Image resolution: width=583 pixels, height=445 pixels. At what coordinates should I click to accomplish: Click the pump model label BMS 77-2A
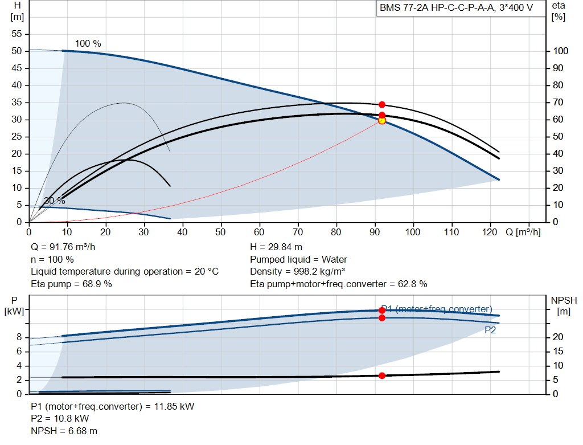click(x=404, y=8)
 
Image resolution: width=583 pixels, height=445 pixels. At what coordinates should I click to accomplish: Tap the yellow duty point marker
click(x=382, y=121)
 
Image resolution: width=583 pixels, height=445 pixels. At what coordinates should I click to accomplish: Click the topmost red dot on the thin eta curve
click(x=382, y=104)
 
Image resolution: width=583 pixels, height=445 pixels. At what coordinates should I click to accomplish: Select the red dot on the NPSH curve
click(x=382, y=376)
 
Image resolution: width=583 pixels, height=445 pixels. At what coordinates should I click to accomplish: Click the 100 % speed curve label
click(x=88, y=43)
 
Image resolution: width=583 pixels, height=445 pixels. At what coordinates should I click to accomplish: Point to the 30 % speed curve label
click(x=55, y=201)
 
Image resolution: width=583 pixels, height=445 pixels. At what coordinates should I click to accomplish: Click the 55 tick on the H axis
click(x=17, y=34)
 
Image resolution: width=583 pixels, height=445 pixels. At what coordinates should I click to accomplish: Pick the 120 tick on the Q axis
click(x=490, y=232)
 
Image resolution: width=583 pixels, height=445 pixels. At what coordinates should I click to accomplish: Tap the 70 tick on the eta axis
click(x=558, y=103)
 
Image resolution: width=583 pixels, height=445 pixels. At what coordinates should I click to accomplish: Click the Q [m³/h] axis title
click(x=523, y=232)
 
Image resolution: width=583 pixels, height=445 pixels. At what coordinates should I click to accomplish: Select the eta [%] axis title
click(x=559, y=11)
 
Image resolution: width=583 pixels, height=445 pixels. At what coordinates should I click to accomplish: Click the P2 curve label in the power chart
click(x=490, y=330)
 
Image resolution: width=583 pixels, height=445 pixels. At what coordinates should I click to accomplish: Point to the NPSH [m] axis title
click(x=564, y=306)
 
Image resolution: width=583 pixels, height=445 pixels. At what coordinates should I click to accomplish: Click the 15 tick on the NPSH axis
click(x=558, y=351)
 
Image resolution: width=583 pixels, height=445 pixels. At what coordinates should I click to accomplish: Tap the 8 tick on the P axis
click(x=19, y=337)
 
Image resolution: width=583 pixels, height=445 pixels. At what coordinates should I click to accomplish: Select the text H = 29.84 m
click(x=276, y=247)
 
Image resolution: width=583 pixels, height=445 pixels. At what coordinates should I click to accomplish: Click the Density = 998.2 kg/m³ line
click(x=297, y=272)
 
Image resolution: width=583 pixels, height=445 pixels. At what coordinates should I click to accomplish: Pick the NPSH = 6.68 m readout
click(x=64, y=431)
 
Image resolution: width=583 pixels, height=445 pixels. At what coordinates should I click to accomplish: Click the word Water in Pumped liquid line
click(x=334, y=259)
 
